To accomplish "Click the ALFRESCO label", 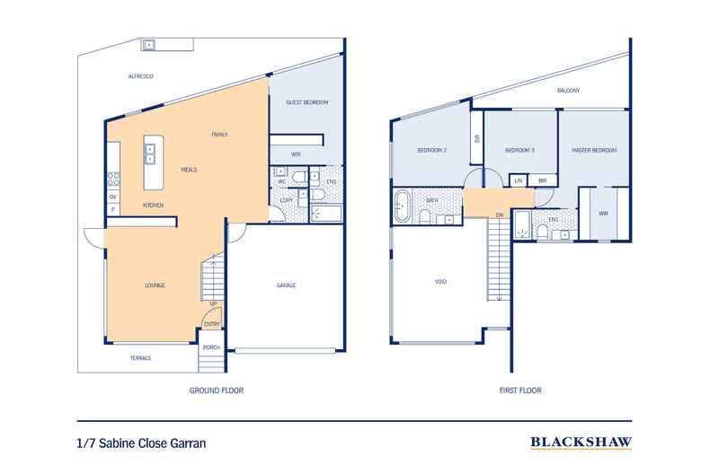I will pos(144,78).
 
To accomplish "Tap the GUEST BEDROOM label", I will pos(306,102).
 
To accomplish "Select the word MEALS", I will pos(189,169).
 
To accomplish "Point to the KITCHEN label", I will pos(153,205).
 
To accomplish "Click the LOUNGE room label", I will pos(155,285).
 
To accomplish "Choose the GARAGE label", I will pos(286,285).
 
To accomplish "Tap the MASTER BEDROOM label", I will pos(594,150).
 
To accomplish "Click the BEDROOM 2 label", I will pos(431,150).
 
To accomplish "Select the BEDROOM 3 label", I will pos(519,150).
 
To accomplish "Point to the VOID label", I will pos(440,281).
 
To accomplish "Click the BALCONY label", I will pos(568,91).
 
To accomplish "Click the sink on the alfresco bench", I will pos(148,44).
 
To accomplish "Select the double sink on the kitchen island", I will pos(149,153).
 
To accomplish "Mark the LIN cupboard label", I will pos(519,180).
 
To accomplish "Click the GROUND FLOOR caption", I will pos(217,390).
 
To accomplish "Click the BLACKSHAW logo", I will pos(581,442).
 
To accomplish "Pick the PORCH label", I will pos(211,347).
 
